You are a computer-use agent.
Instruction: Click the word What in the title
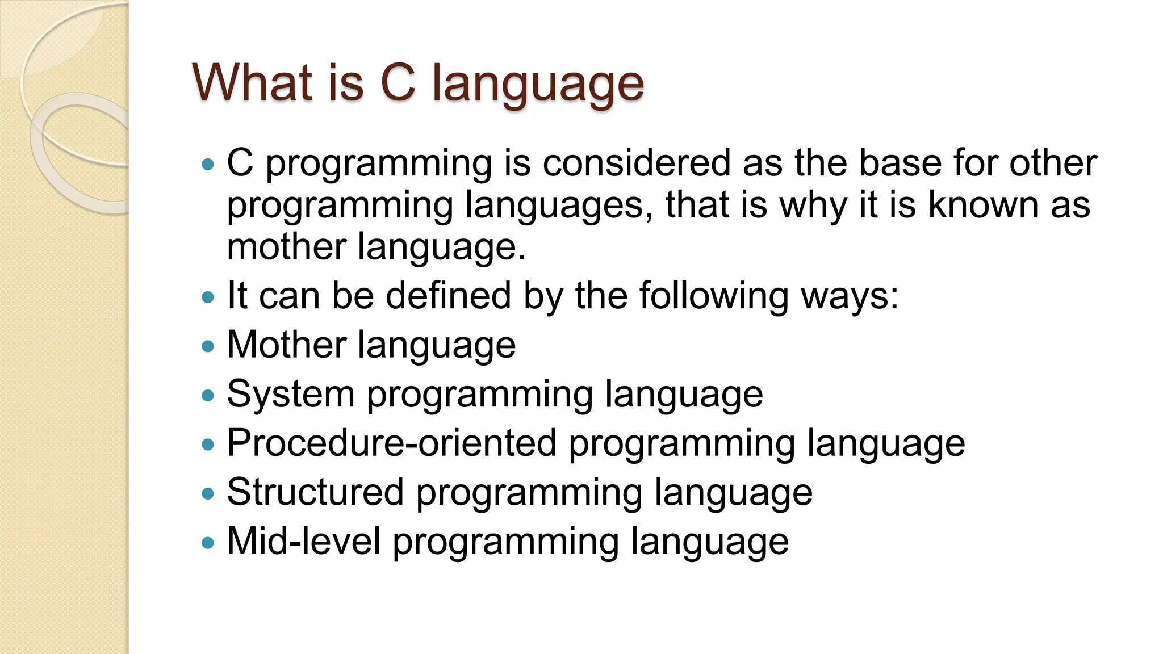click(253, 83)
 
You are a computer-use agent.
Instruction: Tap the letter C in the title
click(398, 83)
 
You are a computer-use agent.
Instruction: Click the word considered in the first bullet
click(636, 163)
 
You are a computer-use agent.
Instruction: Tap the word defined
click(448, 296)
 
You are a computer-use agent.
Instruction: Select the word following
click(713, 297)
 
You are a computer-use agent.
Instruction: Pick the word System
click(291, 394)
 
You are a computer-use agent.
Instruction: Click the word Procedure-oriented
click(392, 443)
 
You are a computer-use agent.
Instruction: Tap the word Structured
click(315, 492)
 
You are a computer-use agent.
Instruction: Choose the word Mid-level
click(304, 541)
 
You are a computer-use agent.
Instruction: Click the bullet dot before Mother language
click(208, 346)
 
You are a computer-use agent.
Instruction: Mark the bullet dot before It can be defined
click(208, 297)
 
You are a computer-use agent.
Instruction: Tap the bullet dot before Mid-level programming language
click(208, 542)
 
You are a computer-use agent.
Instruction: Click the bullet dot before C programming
click(208, 165)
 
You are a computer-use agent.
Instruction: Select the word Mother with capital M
click(287, 345)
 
